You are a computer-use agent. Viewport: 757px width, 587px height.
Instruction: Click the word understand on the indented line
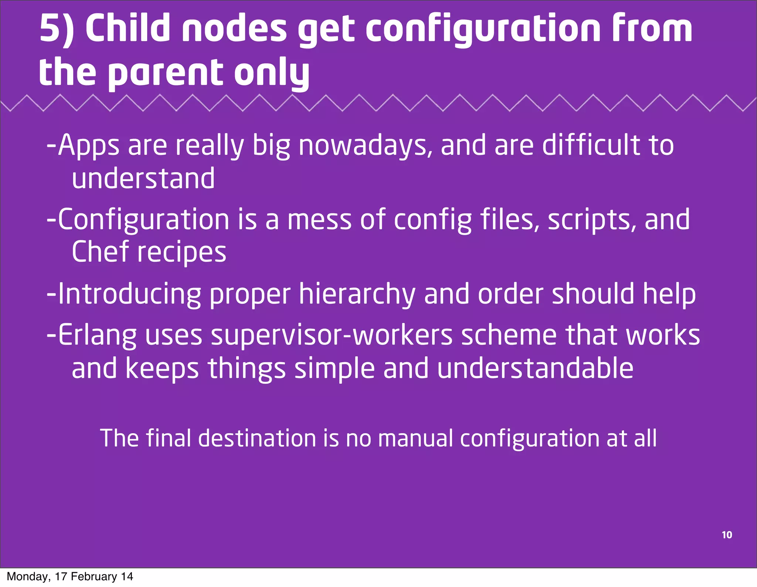143,178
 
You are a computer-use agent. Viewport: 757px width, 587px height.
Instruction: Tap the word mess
319,219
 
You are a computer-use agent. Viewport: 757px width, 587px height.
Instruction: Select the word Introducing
130,294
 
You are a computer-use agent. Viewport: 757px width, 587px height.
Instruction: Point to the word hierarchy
357,294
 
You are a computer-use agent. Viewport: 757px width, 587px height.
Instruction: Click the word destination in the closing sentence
257,438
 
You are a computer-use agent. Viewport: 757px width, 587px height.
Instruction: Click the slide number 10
727,535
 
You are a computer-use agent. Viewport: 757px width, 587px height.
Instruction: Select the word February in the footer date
94,577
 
